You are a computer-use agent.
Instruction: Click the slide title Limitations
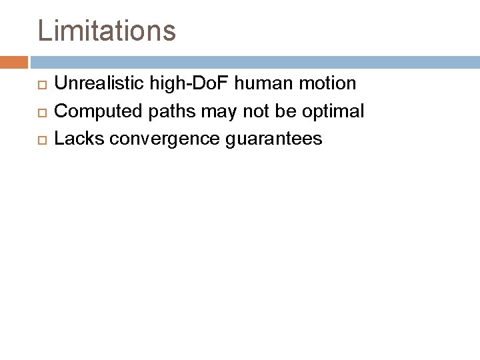click(x=107, y=30)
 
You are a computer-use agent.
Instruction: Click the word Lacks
click(x=74, y=139)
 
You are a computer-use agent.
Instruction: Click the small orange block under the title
click(x=13, y=62)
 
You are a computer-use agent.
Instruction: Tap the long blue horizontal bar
click(x=253, y=62)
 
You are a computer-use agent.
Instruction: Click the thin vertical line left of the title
click(x=28, y=30)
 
